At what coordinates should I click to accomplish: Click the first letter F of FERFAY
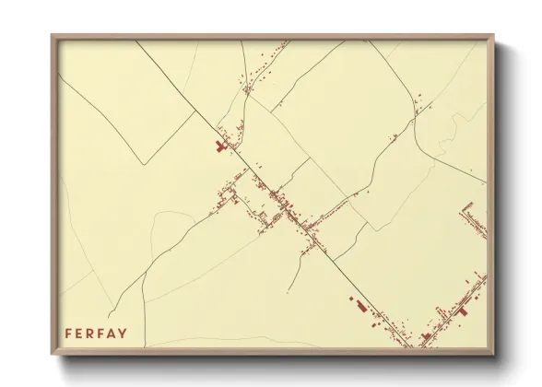click(68, 333)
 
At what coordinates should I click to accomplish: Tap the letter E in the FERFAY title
click(80, 333)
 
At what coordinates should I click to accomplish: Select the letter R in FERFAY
click(92, 333)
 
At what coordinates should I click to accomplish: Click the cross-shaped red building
click(220, 146)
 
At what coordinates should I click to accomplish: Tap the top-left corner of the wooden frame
click(52, 35)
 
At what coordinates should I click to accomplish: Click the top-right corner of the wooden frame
click(496, 35)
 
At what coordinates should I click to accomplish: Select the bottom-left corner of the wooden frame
click(52, 356)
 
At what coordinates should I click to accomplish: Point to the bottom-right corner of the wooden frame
click(496, 356)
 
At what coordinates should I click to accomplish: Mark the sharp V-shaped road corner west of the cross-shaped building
click(145, 165)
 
